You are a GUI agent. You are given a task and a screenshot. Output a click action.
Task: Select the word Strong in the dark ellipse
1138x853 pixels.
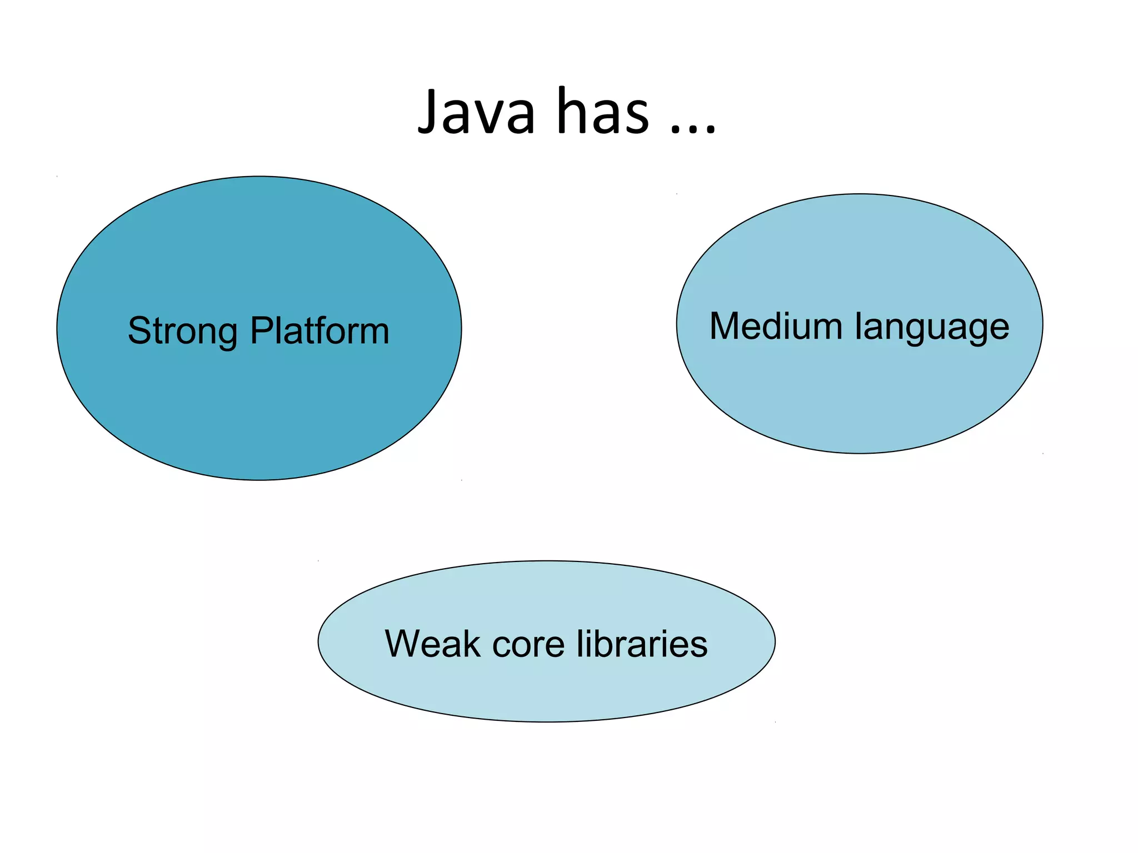pos(182,332)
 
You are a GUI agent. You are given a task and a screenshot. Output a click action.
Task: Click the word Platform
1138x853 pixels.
pos(320,330)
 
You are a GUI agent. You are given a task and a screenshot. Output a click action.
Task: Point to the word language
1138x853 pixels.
pos(932,328)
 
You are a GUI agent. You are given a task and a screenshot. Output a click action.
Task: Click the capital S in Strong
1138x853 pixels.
pos(140,331)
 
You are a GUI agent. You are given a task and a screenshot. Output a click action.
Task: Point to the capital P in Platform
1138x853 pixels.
pos(261,331)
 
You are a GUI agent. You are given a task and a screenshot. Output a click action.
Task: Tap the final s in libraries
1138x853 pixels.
pos(699,647)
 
